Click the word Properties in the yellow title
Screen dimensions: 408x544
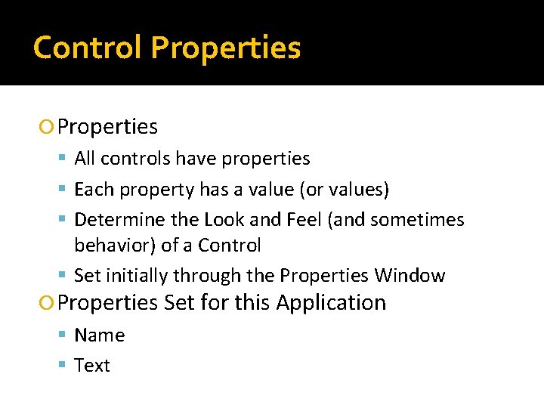[x=225, y=48]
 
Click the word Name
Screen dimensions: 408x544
[x=100, y=335]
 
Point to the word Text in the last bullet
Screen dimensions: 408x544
[x=92, y=366]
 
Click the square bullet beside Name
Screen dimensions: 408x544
[x=63, y=335]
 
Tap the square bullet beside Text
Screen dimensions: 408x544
[x=63, y=366]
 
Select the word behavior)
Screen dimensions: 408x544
[x=115, y=246]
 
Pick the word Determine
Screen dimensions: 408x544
[x=111, y=220]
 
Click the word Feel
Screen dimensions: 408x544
[x=304, y=220]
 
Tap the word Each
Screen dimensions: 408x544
[x=91, y=189]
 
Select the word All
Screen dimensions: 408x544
[x=85, y=159]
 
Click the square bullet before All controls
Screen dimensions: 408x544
[x=63, y=159]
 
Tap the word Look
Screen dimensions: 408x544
[x=224, y=220]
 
